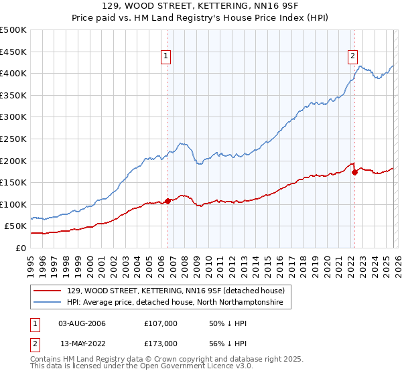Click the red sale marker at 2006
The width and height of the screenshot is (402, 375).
(167, 201)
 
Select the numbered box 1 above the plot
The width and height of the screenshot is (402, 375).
(165, 57)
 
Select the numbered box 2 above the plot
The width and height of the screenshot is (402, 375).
(352, 57)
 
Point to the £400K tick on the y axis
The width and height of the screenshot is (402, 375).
(13, 74)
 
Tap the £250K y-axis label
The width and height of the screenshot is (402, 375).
(13, 139)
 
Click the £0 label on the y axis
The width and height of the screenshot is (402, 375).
(21, 248)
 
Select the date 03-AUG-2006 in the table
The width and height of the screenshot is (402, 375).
(82, 323)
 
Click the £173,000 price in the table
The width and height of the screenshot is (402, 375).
(161, 344)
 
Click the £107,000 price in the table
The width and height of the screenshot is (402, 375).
(161, 323)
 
